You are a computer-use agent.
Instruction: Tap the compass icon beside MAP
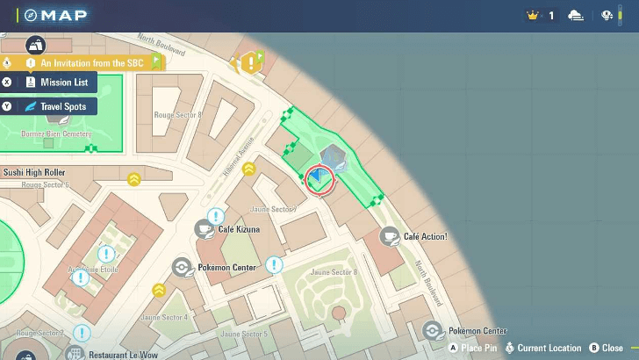[x=31, y=16]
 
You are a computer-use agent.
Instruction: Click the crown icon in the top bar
[x=532, y=16]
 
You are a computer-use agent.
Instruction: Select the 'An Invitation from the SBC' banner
[x=91, y=63]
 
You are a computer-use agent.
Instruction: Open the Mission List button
[x=63, y=83]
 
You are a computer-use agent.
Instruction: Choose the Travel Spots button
[x=62, y=106]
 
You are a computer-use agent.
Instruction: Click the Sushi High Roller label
[x=35, y=173]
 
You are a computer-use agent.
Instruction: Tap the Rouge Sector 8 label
[x=179, y=115]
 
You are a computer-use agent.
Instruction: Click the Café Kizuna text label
[x=239, y=229]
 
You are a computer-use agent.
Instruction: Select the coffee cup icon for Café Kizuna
[x=204, y=229]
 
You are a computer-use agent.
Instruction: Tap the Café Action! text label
[x=426, y=236]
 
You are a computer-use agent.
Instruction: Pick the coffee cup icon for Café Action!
[x=390, y=236]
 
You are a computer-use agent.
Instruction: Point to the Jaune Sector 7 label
[x=272, y=209]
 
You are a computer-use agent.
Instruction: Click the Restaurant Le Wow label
[x=123, y=354]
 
